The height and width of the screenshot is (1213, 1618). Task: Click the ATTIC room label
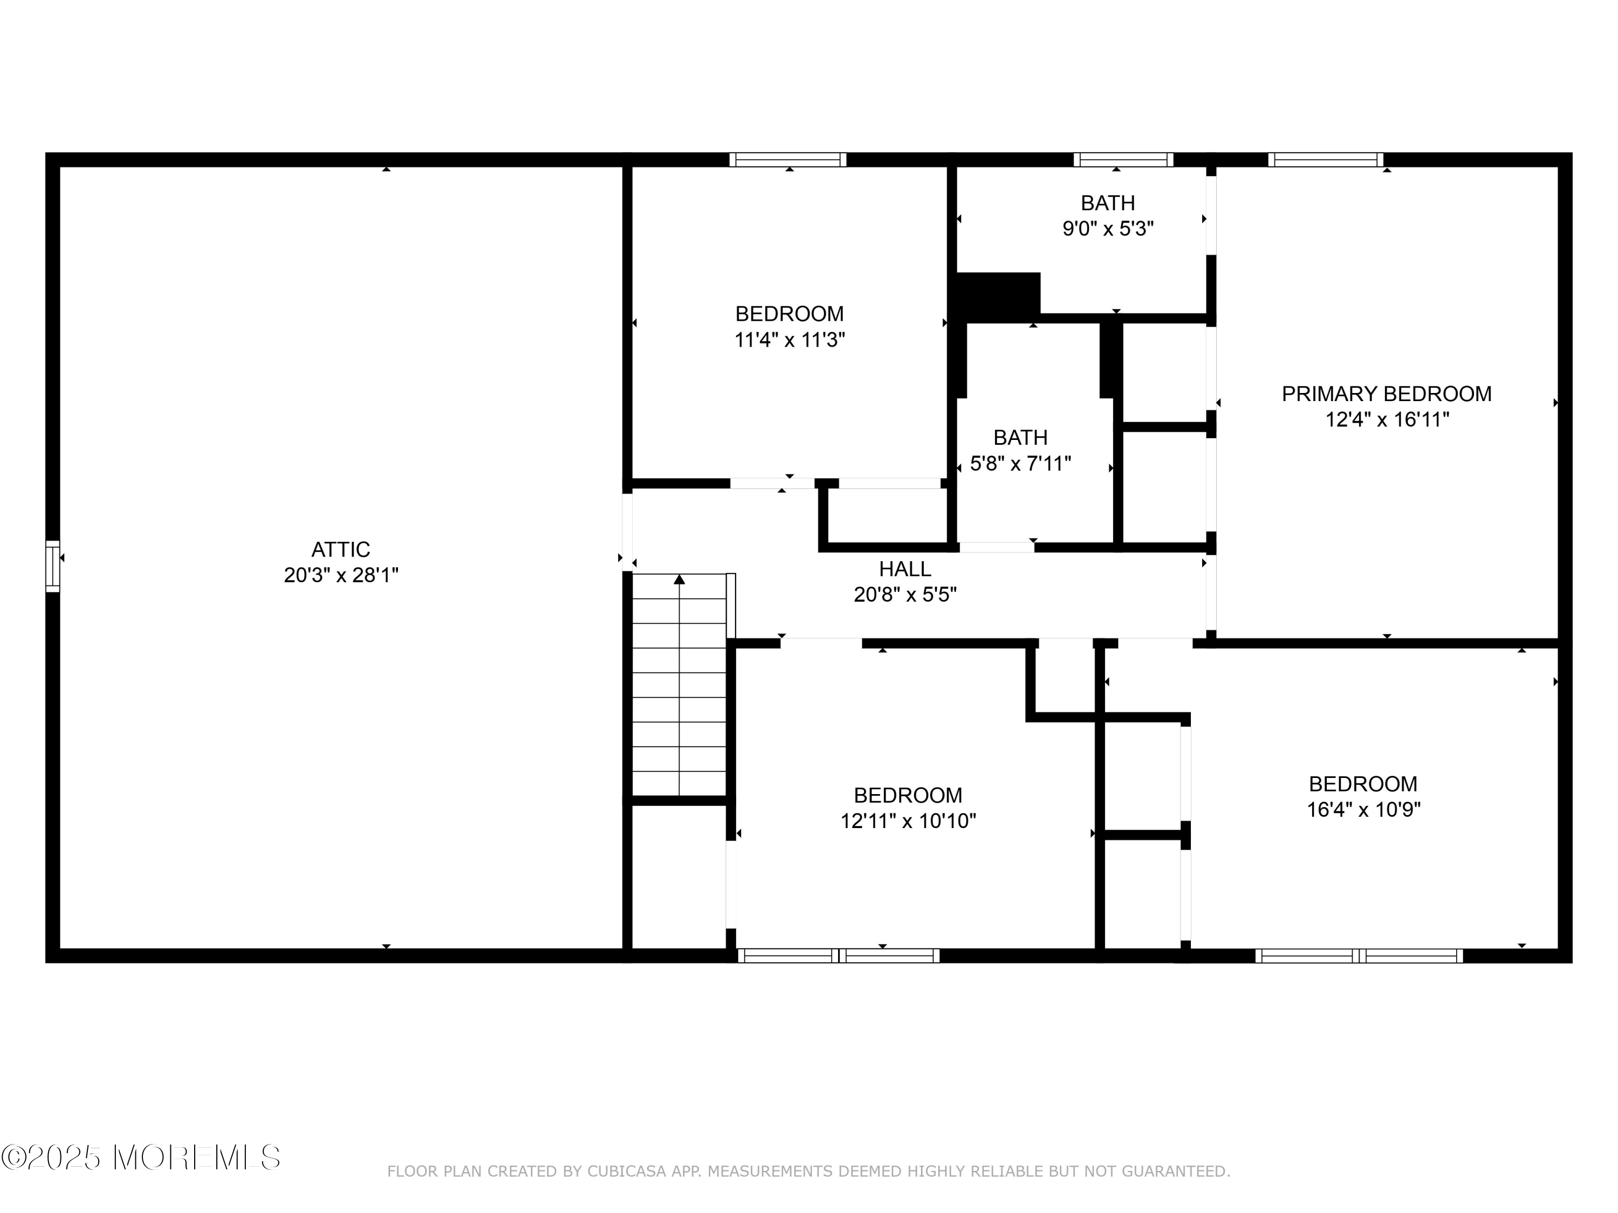341,549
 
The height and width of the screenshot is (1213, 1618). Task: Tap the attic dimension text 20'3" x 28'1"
341,575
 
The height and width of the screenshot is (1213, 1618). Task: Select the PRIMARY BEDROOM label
1386,394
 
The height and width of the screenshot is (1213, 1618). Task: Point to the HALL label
905,569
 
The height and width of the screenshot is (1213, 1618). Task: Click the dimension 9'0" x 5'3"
1108,229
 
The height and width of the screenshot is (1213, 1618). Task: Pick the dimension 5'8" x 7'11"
1020,464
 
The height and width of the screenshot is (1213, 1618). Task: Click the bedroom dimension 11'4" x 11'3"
790,340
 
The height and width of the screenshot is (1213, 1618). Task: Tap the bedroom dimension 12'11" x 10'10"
908,821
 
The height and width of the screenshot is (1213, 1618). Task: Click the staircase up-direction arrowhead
680,579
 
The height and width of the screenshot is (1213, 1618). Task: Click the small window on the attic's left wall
53,566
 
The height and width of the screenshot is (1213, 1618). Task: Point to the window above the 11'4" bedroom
788,160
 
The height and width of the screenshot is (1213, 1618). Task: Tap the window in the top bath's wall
1123,160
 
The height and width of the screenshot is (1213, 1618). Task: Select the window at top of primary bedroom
1326,160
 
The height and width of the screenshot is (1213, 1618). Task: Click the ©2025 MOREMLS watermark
140,1157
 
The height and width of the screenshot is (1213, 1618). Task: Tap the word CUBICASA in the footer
627,1171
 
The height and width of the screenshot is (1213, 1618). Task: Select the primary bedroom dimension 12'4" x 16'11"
1387,419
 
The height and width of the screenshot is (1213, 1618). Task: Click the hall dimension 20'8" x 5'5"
905,595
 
